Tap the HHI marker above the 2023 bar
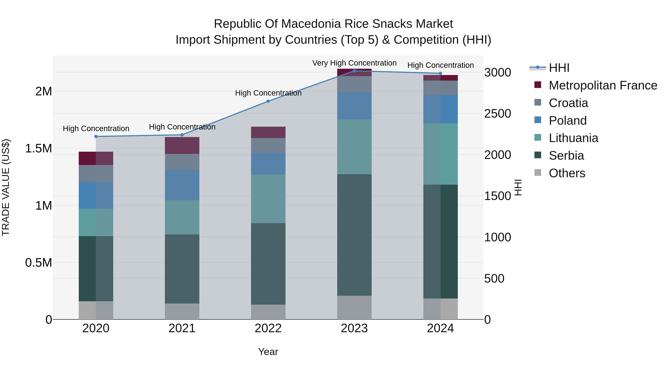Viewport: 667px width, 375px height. pyautogui.click(x=354, y=71)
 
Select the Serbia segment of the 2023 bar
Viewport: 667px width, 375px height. pyautogui.click(x=354, y=235)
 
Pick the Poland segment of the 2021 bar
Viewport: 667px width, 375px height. pyautogui.click(x=182, y=185)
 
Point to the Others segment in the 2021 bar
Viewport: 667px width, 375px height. pyautogui.click(x=182, y=311)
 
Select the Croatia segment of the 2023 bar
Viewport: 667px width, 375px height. pyautogui.click(x=354, y=84)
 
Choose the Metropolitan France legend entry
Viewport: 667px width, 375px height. pyautogui.click(x=603, y=85)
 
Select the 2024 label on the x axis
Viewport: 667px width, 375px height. pyautogui.click(x=440, y=328)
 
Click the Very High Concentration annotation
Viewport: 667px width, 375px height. pyautogui.click(x=354, y=63)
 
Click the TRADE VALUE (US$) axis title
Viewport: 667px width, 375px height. pyautogui.click(x=6, y=187)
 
